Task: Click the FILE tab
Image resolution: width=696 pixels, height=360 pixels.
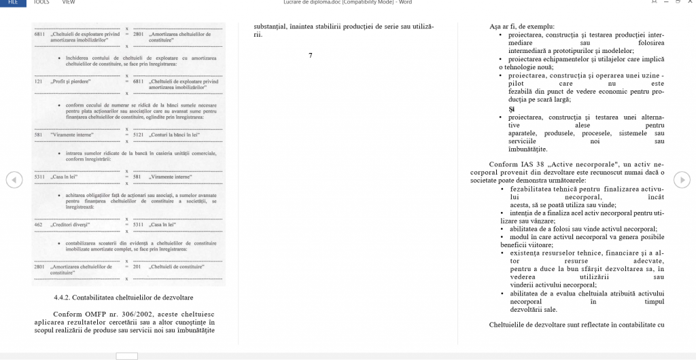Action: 12,3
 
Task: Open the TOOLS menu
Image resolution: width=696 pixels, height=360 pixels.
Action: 41,3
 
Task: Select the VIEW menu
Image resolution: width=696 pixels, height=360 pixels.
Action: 68,3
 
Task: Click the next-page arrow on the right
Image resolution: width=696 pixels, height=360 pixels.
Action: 682,179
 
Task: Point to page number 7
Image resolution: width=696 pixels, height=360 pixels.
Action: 311,55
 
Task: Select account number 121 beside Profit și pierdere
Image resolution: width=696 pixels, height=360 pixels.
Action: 38,82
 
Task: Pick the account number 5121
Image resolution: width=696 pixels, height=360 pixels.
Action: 138,134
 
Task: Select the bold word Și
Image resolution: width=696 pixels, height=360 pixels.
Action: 512,109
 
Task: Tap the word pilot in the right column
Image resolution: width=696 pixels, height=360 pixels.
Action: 517,84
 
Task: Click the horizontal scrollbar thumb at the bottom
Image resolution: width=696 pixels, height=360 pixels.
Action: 126,356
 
